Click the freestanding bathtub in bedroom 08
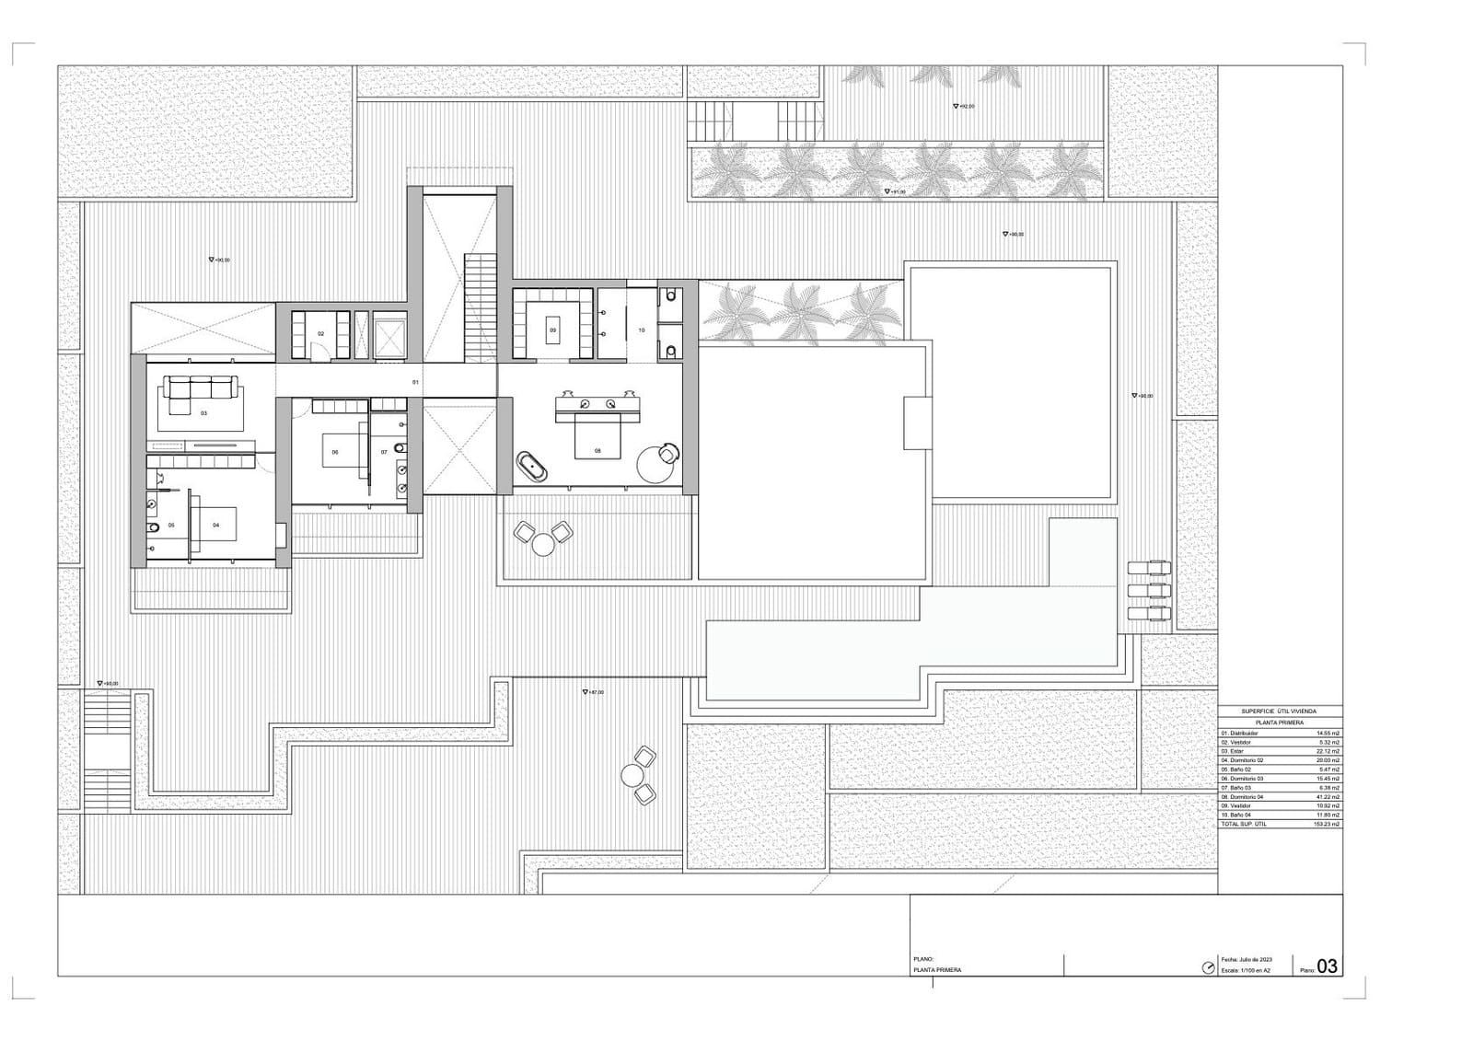(533, 467)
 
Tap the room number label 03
(203, 413)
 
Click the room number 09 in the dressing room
(552, 330)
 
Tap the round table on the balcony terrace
(543, 545)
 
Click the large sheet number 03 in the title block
(1327, 966)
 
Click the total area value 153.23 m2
(1328, 824)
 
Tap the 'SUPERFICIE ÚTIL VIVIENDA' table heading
(1278, 711)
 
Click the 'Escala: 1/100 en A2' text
(1246, 970)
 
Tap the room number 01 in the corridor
(415, 381)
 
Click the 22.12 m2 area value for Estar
(1328, 751)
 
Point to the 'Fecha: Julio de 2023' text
(1247, 959)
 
